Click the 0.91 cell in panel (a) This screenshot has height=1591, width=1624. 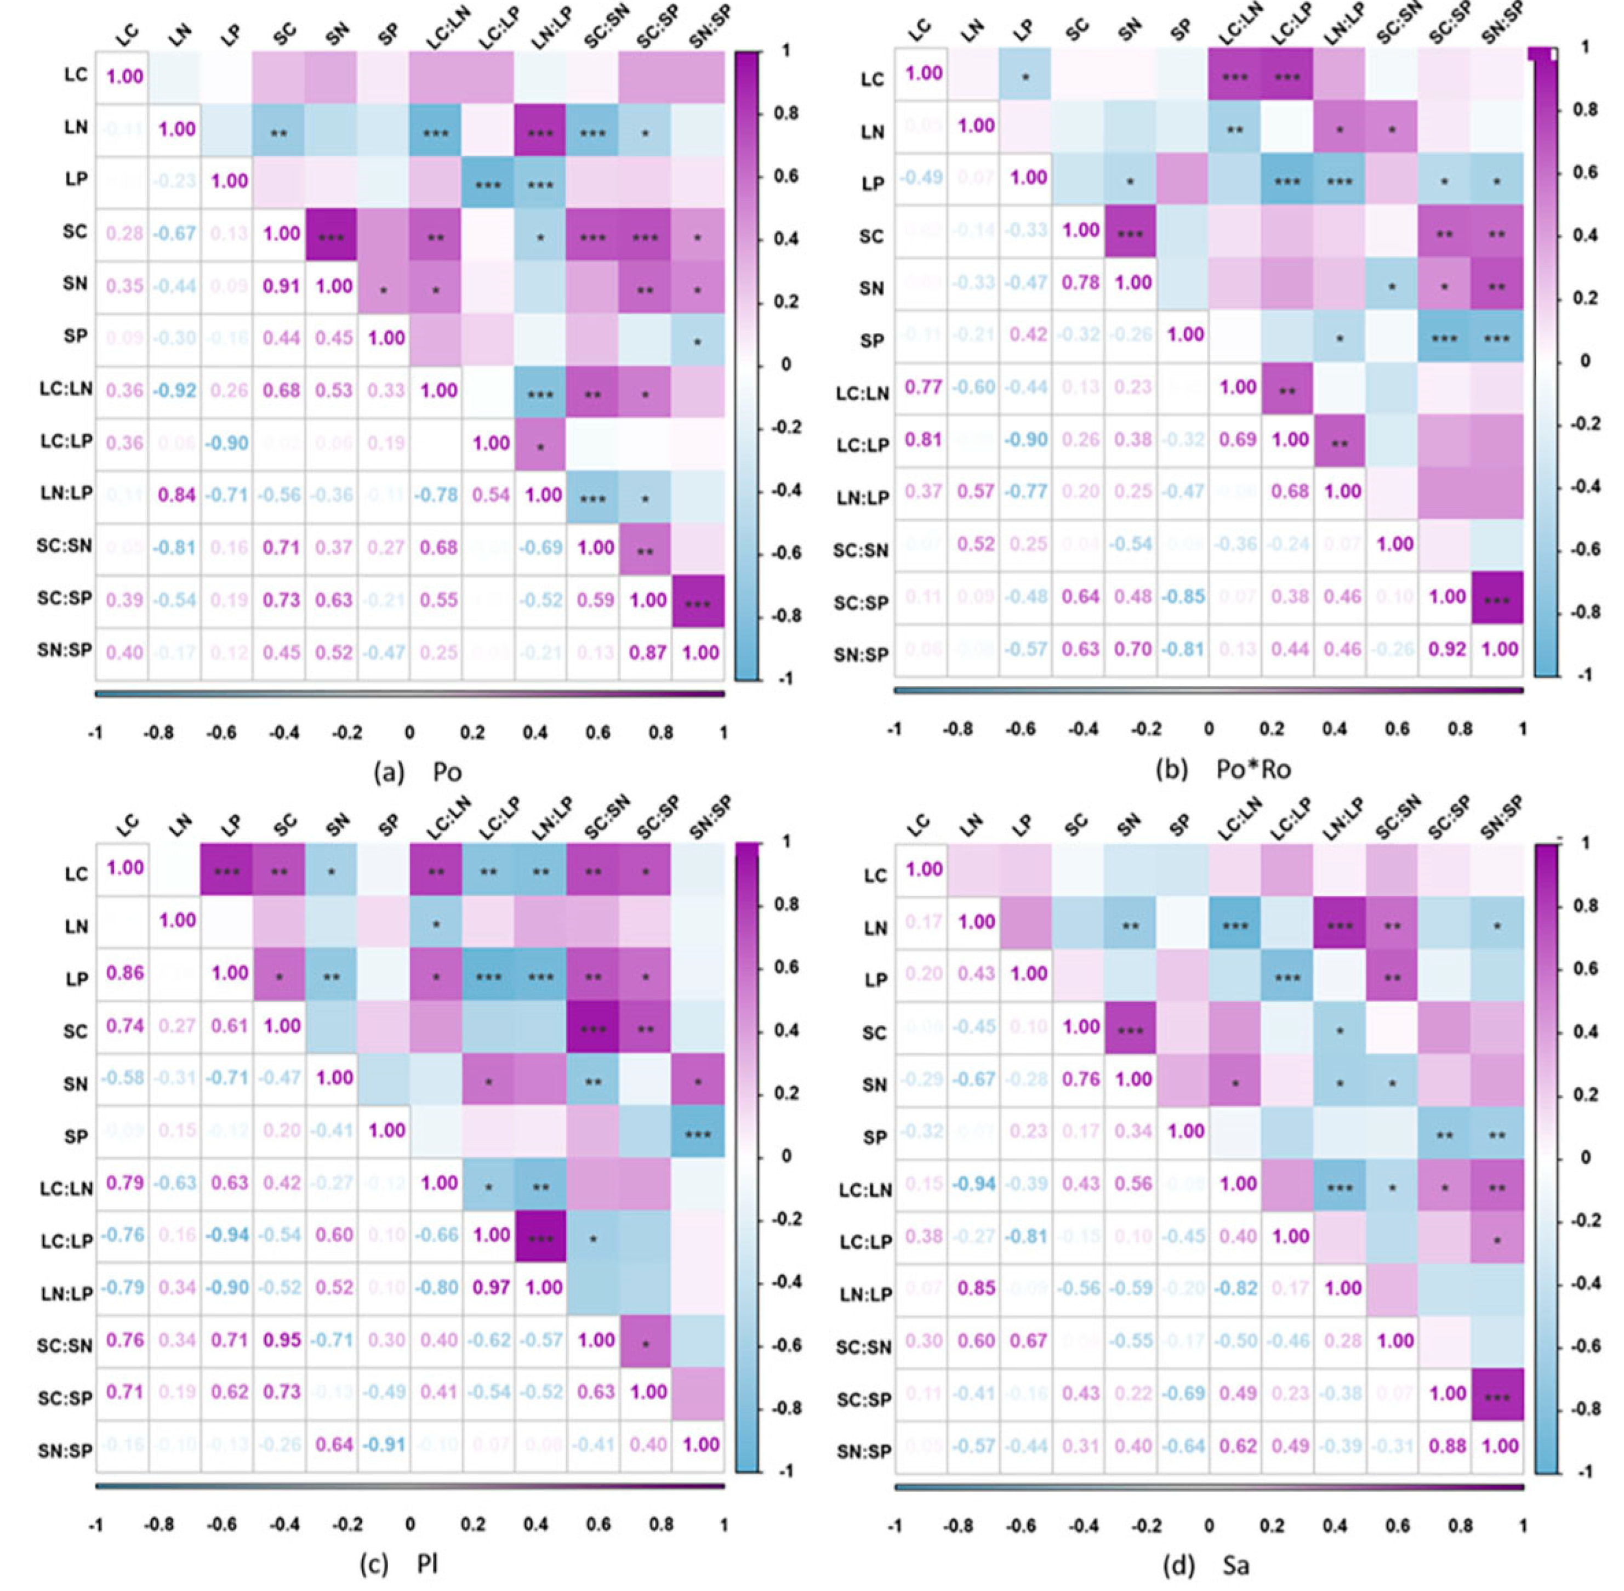(282, 286)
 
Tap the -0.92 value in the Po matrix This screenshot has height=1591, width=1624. (175, 390)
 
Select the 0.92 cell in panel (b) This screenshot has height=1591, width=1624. (1447, 649)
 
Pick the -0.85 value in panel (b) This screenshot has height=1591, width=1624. (1186, 596)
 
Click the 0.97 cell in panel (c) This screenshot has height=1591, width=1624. (491, 1287)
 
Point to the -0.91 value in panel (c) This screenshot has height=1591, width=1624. (385, 1444)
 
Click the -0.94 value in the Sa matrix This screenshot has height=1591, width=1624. (976, 1183)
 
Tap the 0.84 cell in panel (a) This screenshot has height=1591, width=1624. (175, 495)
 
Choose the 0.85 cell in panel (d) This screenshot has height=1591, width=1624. (976, 1288)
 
